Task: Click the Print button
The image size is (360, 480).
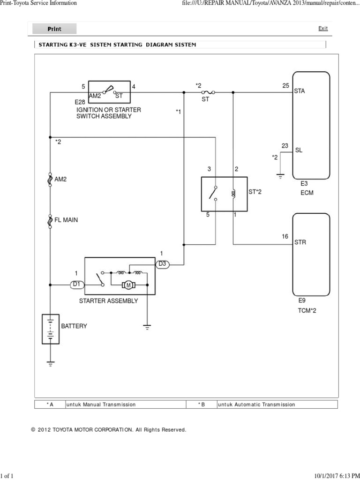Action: coord(54,29)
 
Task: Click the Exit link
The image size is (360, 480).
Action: coord(323,29)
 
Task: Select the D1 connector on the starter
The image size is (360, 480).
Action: coord(77,284)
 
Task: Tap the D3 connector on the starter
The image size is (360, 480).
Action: coord(162,264)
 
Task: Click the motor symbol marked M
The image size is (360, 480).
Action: coord(128,285)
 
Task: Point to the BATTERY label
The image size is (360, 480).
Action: coord(74,326)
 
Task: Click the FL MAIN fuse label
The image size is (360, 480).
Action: coord(67,220)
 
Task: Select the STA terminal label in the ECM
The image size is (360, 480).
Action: coord(299,91)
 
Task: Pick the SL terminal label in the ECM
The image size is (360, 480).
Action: coord(298,150)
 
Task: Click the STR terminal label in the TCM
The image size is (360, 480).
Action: coord(300,242)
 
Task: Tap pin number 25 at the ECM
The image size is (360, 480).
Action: coord(285,85)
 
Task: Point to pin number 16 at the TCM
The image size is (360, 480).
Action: coord(285,237)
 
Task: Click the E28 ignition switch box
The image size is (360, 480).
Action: coord(110,91)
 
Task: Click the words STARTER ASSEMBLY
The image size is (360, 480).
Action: coord(108,301)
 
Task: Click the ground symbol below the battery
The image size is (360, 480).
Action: coord(50,362)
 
